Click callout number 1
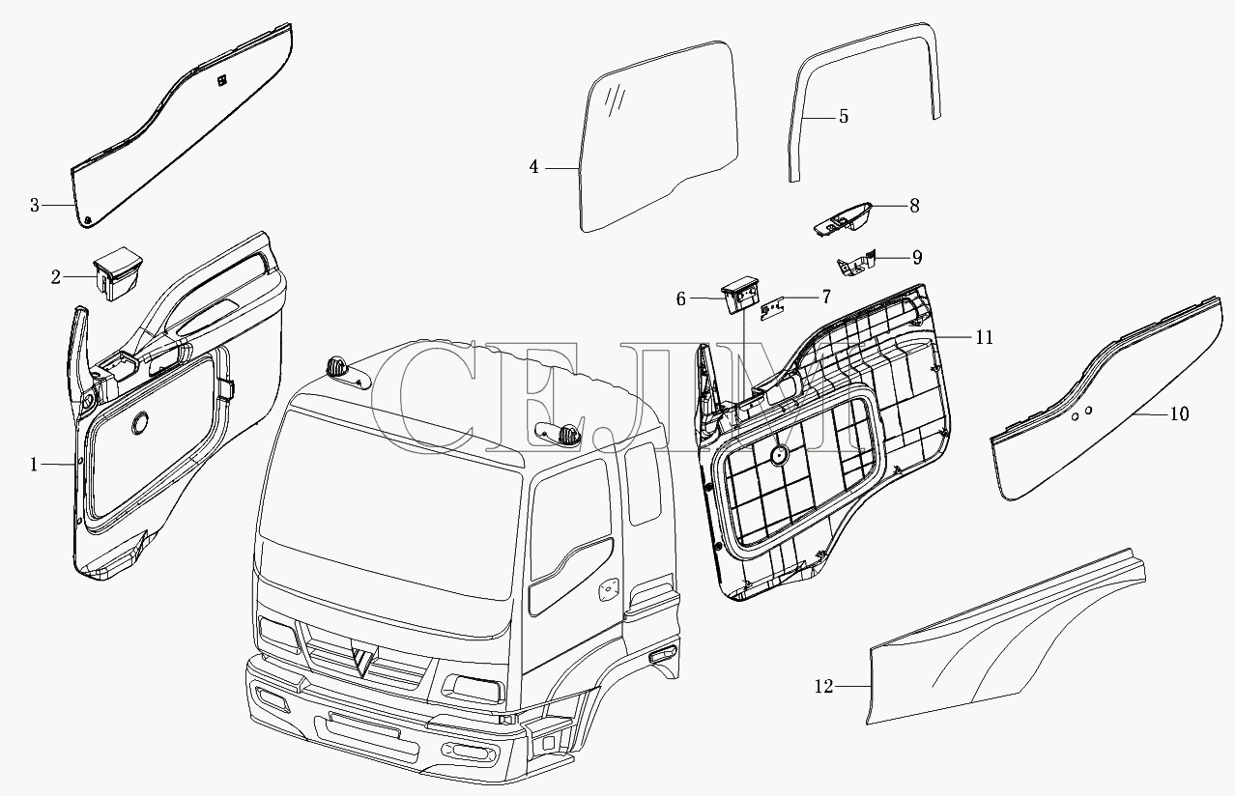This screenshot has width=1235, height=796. pyautogui.click(x=34, y=465)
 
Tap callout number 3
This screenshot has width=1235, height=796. pyautogui.click(x=35, y=206)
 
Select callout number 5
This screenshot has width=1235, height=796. pyautogui.click(x=844, y=117)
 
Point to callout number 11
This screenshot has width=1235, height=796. pyautogui.click(x=984, y=337)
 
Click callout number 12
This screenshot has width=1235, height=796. pyautogui.click(x=823, y=686)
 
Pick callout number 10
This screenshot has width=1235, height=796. pyautogui.click(x=1179, y=414)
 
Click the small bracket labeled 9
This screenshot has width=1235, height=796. pyautogui.click(x=856, y=264)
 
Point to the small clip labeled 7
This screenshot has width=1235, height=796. pyautogui.click(x=773, y=310)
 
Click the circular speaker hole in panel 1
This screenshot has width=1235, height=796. pyautogui.click(x=140, y=423)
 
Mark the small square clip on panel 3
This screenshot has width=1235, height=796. pyautogui.click(x=221, y=80)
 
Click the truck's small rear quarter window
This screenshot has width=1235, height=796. pyautogui.click(x=643, y=483)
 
